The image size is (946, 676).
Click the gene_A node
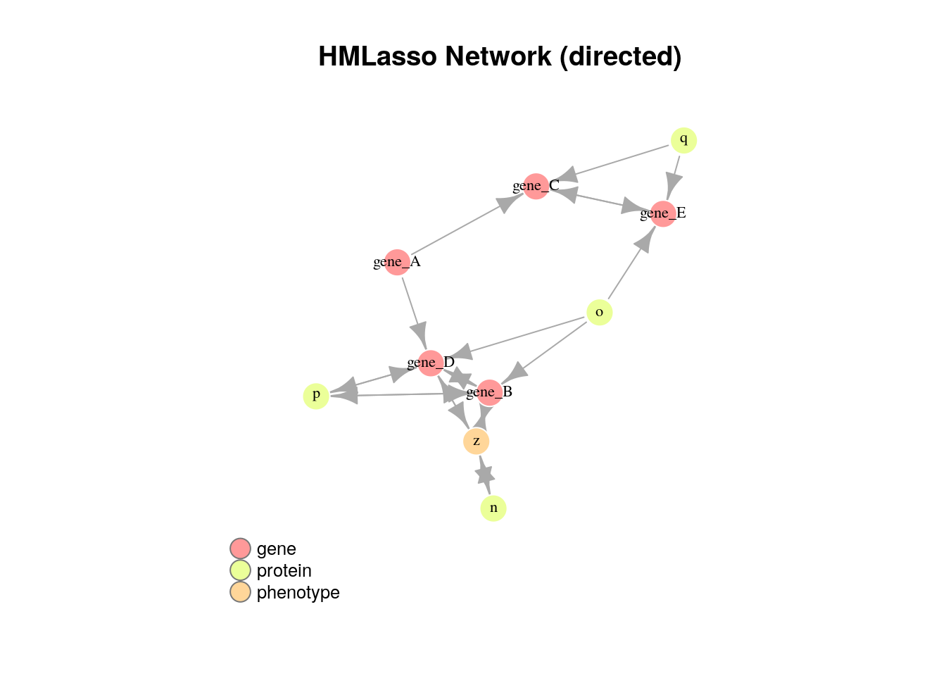coord(397,263)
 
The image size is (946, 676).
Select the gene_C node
coord(536,187)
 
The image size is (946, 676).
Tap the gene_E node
coord(663,214)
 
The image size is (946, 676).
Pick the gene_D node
coord(431,363)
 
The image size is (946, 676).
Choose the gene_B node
coord(489,392)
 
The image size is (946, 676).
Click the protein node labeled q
coord(683,140)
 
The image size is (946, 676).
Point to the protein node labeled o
coord(599,313)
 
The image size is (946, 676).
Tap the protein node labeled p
coord(316,396)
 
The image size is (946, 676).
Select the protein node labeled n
coord(493,508)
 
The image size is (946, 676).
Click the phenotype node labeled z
coord(477,442)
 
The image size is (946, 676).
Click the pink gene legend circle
coord(240,549)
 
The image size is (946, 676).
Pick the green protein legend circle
coord(240,570)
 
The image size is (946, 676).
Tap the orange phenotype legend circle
coord(240,592)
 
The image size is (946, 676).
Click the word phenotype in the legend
coord(298,593)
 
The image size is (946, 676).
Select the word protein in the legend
coord(284,571)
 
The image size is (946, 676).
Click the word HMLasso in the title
coord(377,56)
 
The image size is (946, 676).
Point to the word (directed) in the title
coord(620,57)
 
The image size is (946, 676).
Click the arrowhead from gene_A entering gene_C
coord(508,202)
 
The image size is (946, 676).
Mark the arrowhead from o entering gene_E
coord(645,239)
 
